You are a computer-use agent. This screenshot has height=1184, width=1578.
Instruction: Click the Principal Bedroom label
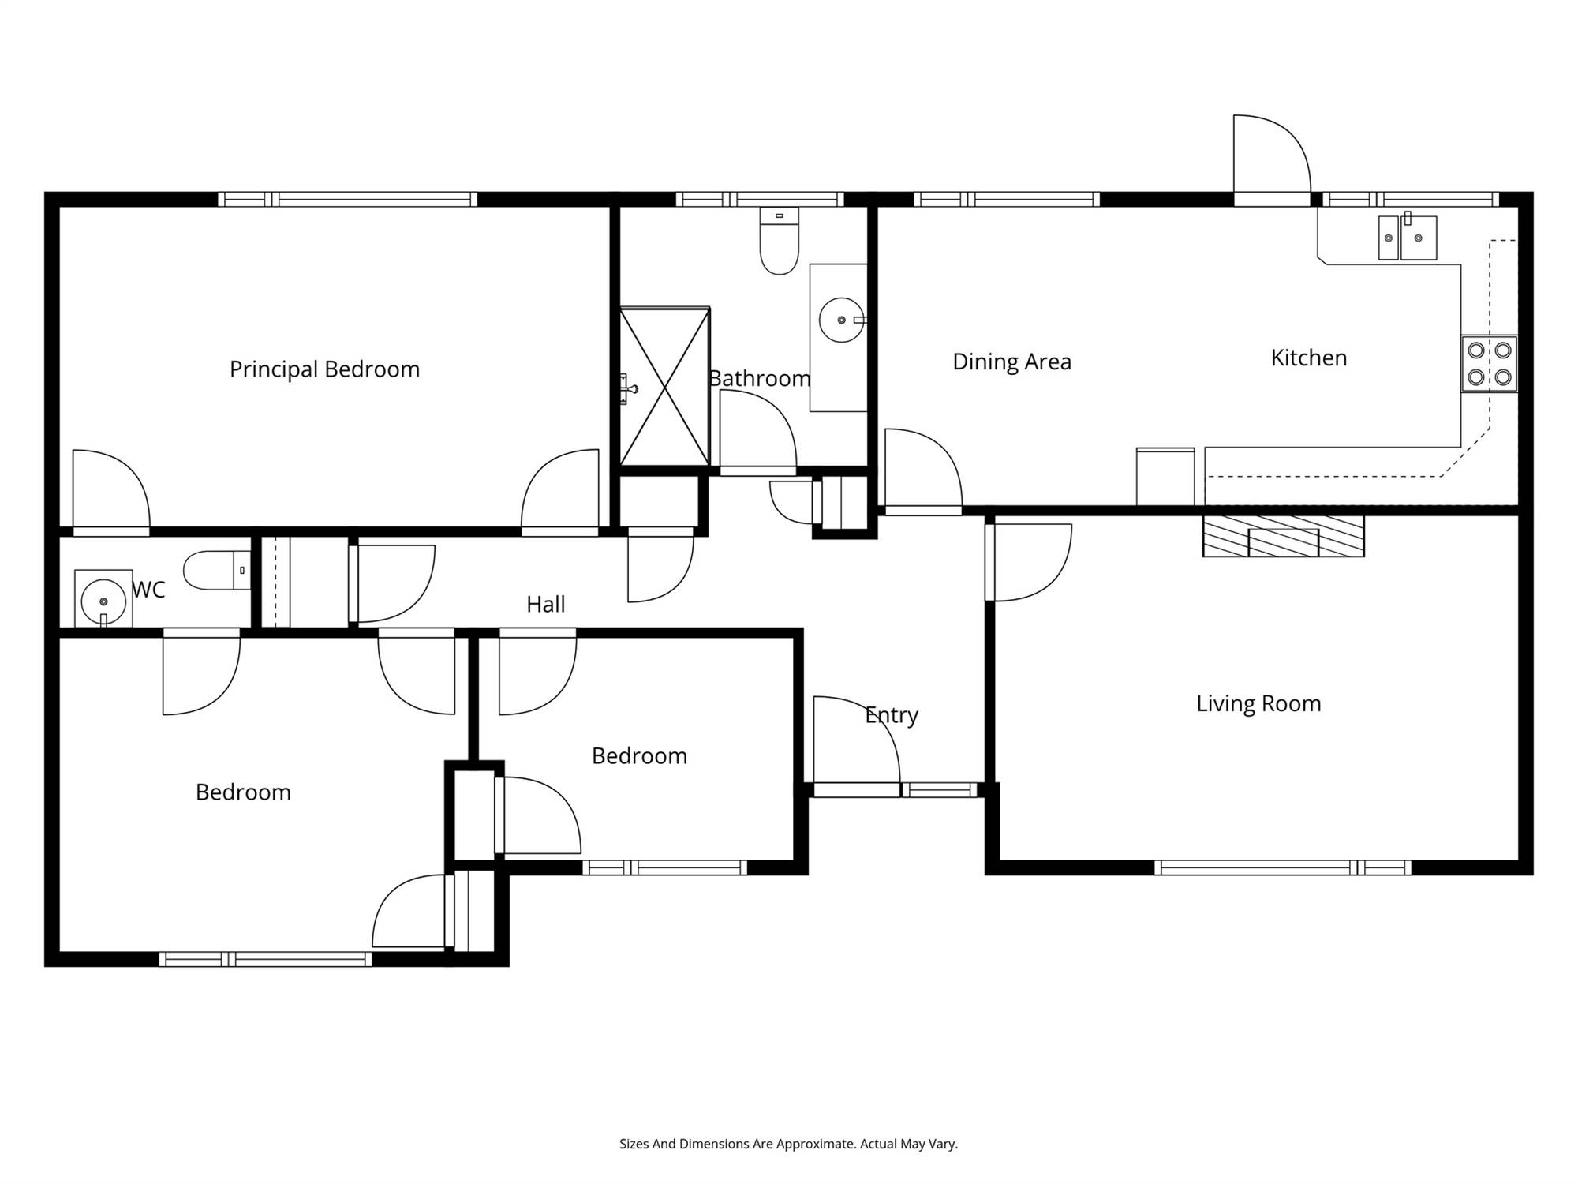coord(324,369)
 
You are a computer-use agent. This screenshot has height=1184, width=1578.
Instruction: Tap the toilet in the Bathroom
coord(780,241)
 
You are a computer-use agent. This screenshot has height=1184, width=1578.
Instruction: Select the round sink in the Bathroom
coord(842,320)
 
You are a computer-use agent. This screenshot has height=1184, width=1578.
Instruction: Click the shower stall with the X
coord(665,387)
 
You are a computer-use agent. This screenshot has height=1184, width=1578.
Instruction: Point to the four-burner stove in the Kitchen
coord(1490,364)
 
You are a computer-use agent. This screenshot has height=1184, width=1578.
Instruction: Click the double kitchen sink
coord(1408,238)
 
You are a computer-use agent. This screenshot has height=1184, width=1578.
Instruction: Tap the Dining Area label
coord(1012,362)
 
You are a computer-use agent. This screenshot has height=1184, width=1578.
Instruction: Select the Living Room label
coord(1258,703)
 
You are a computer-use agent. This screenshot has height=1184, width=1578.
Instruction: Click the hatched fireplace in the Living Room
coord(1284,537)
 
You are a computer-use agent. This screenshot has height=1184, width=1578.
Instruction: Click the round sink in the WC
coord(103,600)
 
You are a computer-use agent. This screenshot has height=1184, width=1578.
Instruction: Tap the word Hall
coord(546,605)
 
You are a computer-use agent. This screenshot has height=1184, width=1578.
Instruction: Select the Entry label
coord(892,715)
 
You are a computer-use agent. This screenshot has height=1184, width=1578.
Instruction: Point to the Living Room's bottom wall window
coord(1283,868)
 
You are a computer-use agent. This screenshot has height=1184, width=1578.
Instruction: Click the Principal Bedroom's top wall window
coord(348,199)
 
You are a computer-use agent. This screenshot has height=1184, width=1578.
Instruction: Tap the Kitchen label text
coord(1309,358)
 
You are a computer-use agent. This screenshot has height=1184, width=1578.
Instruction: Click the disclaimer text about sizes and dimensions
coord(789,1144)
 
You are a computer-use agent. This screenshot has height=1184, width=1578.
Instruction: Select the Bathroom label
coord(759,379)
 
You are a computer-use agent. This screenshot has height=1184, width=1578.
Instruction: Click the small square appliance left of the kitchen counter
coord(1165,477)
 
